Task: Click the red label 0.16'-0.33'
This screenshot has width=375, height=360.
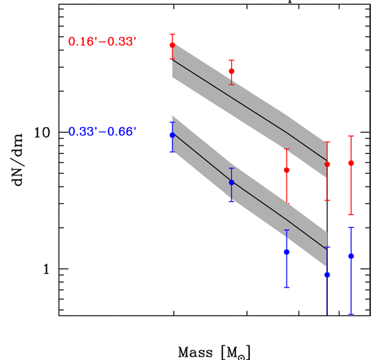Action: point(102,41)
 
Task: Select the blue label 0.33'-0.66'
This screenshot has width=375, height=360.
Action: point(102,132)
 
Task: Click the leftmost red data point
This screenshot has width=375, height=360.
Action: point(173,45)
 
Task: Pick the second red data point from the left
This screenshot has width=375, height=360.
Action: point(232,71)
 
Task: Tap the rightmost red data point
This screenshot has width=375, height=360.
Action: point(351,163)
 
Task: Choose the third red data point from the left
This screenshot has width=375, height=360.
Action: point(286,170)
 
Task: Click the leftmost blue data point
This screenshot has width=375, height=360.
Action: point(173,135)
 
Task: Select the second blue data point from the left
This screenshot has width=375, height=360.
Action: point(232,182)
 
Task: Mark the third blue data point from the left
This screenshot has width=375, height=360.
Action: point(286,252)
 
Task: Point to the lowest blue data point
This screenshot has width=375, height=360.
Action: point(327,275)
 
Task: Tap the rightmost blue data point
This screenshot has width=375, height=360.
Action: point(351,256)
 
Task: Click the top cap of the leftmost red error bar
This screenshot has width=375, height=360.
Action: point(173,34)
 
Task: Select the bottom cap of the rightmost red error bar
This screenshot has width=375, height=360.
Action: point(351,215)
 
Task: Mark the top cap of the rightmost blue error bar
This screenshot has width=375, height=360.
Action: point(351,228)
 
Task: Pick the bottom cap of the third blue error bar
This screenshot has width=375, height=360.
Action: point(286,287)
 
